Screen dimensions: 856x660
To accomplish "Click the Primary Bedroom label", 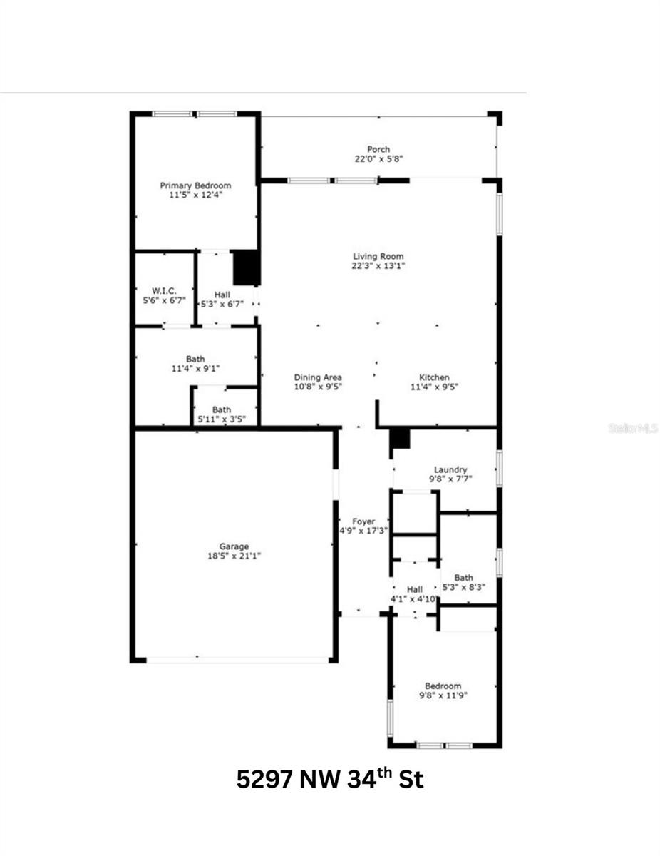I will pos(195,185).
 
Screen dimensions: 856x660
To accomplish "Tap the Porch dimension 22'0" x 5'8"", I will pos(378,159).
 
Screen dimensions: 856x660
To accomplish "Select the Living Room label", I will pos(378,256).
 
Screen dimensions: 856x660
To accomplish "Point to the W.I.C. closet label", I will pos(165,291).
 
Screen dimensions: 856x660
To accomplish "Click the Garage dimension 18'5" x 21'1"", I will pos(234,556).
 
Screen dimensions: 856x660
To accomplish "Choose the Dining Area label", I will pos(318,377).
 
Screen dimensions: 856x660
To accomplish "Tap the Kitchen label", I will pos(434,377).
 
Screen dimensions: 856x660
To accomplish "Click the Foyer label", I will pos(363,521).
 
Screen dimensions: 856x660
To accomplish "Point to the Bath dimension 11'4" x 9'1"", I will pos(195,369).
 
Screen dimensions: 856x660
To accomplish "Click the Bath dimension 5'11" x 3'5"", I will pos(221,419).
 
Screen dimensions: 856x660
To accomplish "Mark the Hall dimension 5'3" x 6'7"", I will pos(222,303).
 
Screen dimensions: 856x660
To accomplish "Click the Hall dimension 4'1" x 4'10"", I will pos(413,598).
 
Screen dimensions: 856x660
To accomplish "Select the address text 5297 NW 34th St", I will pos(330,779).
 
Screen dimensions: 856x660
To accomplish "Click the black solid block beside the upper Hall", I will pos(244,268).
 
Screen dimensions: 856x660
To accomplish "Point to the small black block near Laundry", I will pos(401,439).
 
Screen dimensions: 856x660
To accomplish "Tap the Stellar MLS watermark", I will pos(634,428).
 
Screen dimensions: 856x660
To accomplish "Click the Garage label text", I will pos(234,546).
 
